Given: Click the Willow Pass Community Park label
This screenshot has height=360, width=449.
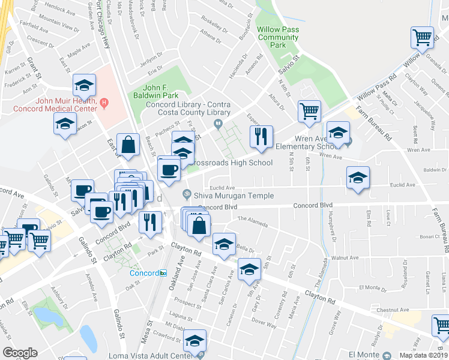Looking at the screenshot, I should (278, 37).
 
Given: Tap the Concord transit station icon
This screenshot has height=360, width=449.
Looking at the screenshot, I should (163, 273).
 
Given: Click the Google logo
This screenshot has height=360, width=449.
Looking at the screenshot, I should (20, 353).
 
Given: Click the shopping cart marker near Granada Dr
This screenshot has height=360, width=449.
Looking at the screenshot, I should (423, 38).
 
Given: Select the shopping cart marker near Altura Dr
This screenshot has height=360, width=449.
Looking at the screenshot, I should (309, 110).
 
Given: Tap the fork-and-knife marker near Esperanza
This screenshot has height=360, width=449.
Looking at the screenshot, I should (261, 136).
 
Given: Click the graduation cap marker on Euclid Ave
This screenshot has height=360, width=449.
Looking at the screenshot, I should (358, 178).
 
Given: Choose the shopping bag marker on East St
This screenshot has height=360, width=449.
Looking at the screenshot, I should (128, 144).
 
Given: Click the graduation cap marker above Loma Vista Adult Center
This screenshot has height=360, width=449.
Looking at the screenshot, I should (194, 341).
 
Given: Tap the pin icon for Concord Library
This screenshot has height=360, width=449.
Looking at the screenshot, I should (218, 124).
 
